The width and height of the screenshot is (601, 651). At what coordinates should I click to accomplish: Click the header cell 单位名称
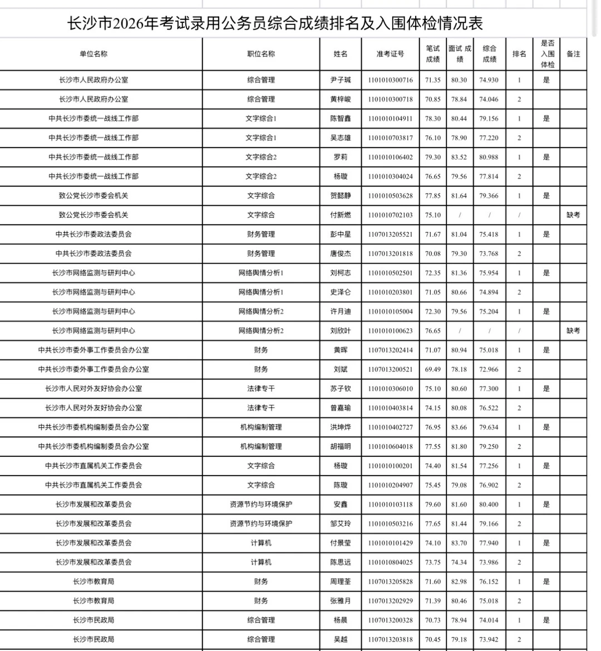93,54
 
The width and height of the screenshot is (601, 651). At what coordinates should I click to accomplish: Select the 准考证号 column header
390,54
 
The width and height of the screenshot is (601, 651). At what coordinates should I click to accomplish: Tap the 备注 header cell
573,54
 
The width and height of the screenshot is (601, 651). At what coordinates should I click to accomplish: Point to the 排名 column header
519,54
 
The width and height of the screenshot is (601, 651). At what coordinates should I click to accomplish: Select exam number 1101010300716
390,80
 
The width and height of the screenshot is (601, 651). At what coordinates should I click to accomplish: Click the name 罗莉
341,157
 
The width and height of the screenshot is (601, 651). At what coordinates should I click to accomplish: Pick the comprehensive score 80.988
489,157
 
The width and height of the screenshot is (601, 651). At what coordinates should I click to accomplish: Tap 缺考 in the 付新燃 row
573,215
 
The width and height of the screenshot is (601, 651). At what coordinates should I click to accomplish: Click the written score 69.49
432,369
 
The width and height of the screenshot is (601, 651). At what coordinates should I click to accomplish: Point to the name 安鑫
341,505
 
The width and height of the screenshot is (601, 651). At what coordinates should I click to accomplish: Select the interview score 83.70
459,543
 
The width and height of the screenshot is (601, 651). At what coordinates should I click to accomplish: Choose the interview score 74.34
459,563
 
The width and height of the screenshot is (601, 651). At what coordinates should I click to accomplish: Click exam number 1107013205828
390,582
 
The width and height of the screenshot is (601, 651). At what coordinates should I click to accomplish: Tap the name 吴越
341,640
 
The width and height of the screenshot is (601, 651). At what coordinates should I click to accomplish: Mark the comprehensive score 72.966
489,369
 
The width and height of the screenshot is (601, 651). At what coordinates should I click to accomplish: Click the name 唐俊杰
341,254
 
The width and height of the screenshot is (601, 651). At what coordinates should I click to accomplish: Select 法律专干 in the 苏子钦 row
261,389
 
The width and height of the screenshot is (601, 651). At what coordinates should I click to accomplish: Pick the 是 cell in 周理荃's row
546,582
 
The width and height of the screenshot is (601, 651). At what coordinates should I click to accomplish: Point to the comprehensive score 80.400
489,505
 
